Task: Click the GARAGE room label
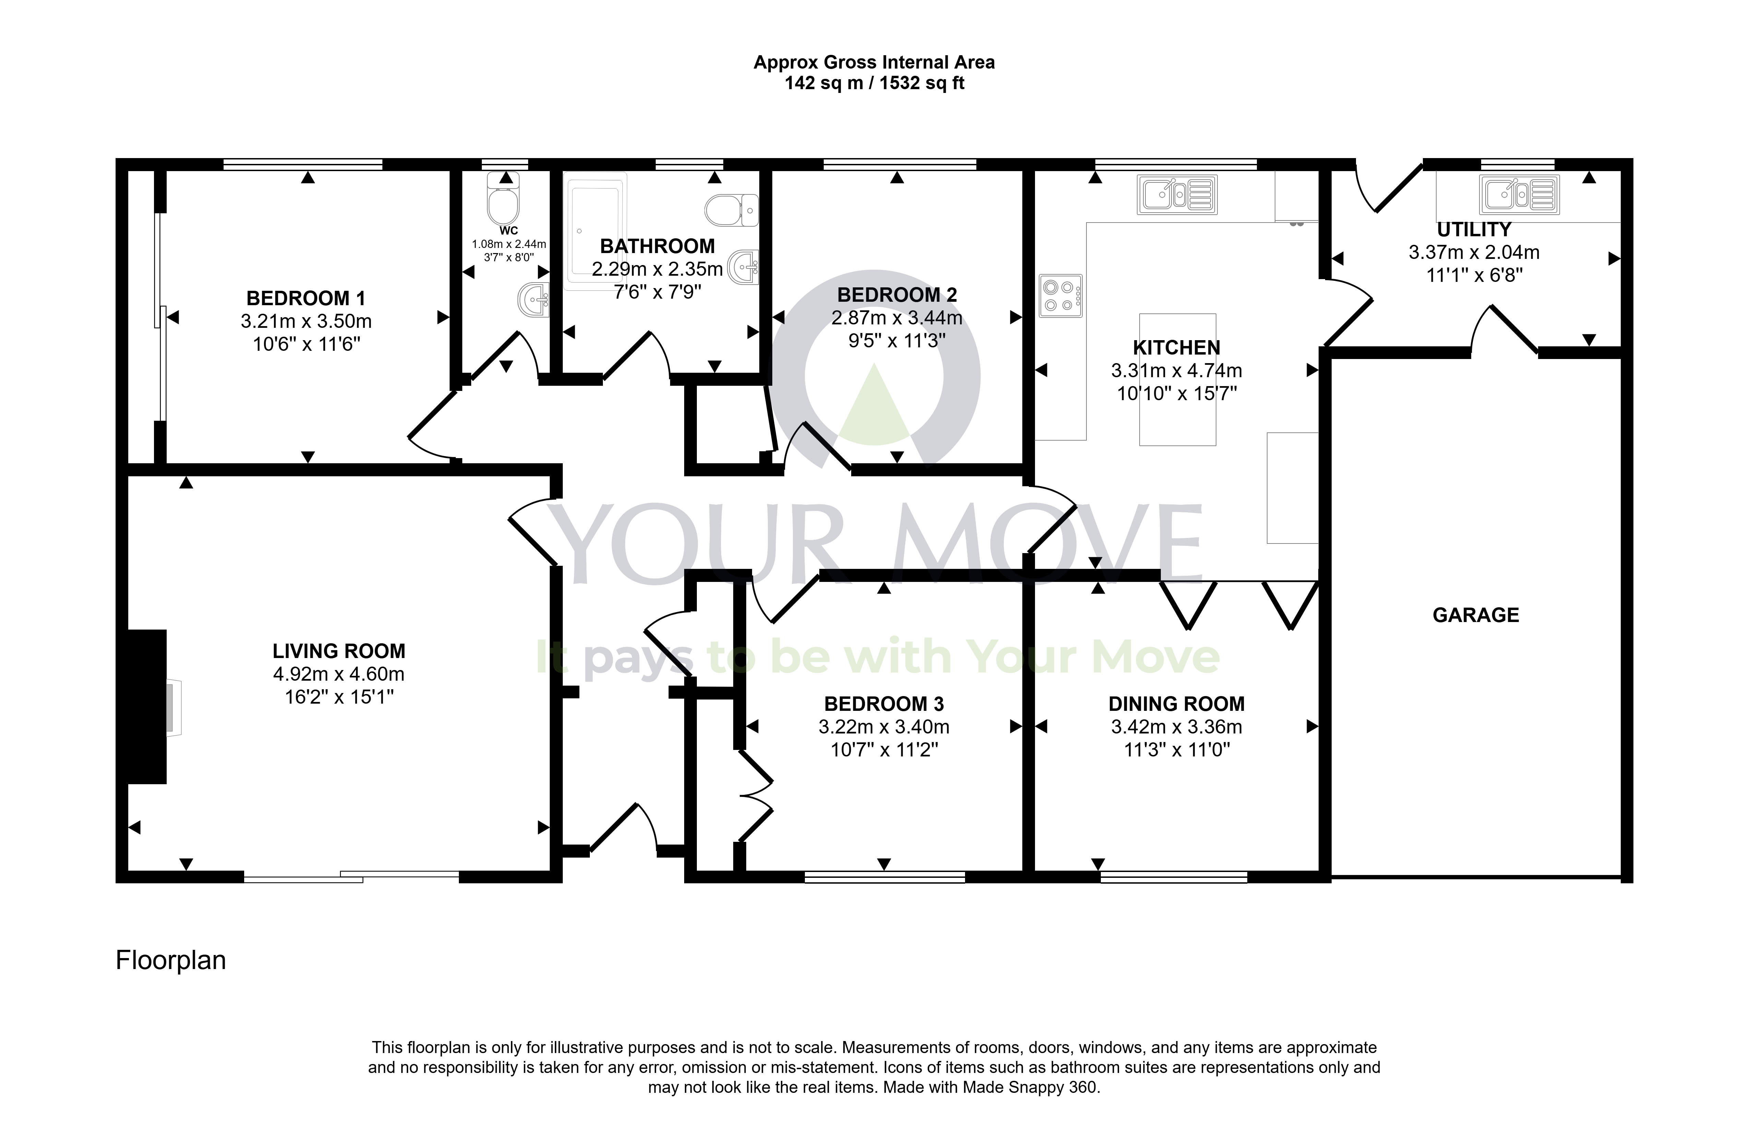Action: (1475, 615)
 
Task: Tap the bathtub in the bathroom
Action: (597, 231)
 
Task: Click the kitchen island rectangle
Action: (1177, 379)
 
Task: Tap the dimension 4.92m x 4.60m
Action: (338, 674)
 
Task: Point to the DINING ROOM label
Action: (1176, 704)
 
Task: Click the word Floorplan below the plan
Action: (171, 960)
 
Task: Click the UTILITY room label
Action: (1474, 230)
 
